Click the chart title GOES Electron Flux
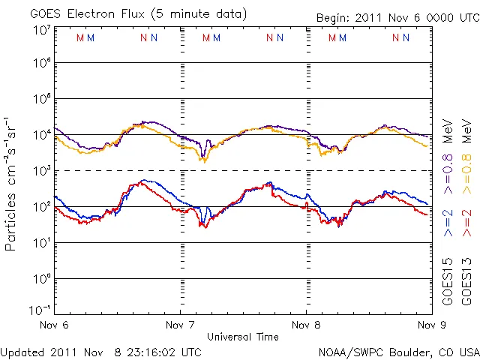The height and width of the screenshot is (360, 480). (127, 13)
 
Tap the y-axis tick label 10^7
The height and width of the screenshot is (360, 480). (42, 30)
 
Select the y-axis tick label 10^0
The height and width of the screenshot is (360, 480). (42, 279)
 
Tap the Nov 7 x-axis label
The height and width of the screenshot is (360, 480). (180, 325)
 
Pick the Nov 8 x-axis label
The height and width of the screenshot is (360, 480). (306, 325)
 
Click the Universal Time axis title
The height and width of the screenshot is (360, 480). (243, 337)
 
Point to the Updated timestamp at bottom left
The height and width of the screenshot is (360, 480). (101, 351)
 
